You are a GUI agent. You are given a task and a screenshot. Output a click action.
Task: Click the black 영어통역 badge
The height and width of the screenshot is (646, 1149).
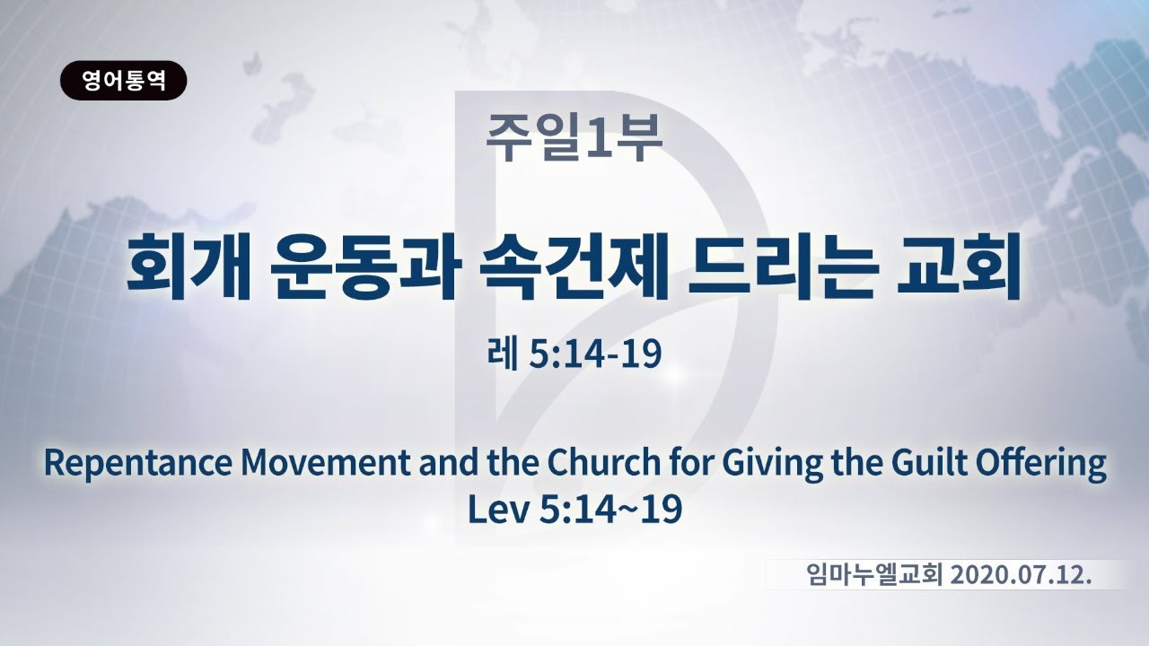pos(124,81)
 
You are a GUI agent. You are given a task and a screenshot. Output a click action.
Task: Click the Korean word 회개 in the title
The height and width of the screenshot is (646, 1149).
pos(189,266)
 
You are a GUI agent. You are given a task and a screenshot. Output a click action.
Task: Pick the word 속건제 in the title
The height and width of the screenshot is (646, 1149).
pos(574,266)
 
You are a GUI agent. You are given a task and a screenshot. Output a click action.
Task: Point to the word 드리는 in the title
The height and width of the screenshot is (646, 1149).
pos(780,266)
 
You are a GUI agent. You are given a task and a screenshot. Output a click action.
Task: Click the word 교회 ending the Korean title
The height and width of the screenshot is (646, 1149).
pos(958,266)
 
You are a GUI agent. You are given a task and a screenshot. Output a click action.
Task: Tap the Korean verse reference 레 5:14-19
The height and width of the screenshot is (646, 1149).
pos(574,354)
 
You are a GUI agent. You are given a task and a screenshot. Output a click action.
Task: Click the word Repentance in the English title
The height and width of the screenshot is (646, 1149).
pos(138,464)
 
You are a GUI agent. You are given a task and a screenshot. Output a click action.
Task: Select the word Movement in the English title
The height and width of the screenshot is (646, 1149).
pos(326,462)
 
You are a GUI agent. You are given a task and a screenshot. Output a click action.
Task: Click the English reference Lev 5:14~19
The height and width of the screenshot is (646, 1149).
pos(574,509)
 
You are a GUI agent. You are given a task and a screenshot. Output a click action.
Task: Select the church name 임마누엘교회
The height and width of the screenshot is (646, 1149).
pos(874,575)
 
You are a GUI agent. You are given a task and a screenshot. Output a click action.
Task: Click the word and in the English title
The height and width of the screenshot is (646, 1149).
pos(449,462)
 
